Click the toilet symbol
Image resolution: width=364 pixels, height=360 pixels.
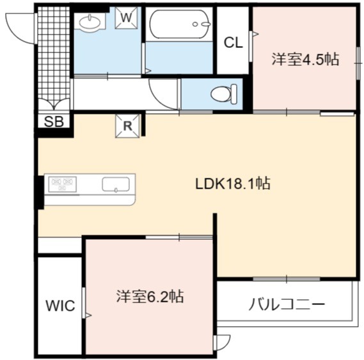224,94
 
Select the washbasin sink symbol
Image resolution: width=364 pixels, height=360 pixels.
90,22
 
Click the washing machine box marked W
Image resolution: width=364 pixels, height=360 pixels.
126,18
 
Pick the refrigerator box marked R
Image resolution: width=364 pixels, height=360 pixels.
127,126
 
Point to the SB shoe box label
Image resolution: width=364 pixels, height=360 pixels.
54,121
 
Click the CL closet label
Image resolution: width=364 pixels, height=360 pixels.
233,43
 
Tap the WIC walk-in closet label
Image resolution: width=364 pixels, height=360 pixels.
60,306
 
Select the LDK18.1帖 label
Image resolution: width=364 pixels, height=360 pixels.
233,184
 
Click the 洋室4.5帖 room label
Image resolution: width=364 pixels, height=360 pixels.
306,59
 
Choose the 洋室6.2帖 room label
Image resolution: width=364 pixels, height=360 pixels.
150,297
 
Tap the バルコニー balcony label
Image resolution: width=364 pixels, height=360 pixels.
286,304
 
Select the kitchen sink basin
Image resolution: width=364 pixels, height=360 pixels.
116,185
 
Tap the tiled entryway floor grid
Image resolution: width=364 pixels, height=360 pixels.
54,53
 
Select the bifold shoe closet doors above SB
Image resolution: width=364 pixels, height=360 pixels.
54,104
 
